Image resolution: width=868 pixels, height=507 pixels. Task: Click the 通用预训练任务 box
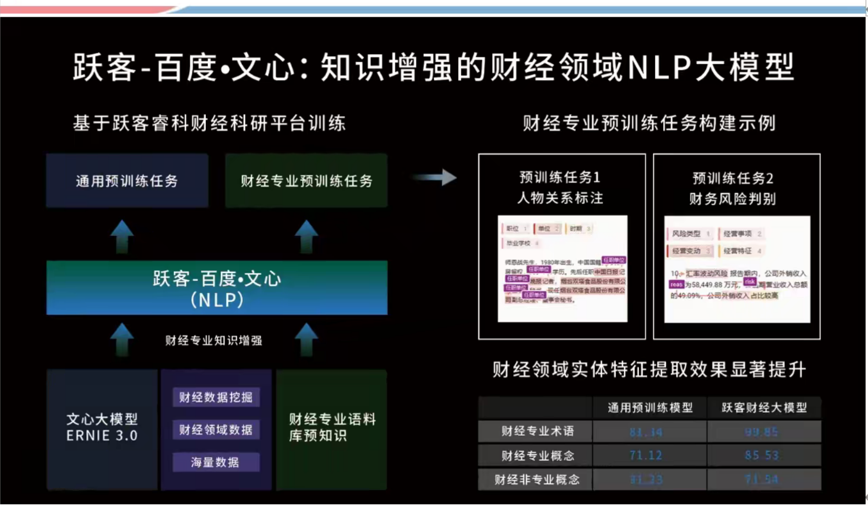(127, 181)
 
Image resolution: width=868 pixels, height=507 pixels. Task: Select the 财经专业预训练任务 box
(306, 181)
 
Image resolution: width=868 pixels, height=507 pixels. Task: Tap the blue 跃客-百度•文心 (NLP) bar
(217, 288)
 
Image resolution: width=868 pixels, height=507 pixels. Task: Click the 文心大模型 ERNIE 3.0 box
(102, 427)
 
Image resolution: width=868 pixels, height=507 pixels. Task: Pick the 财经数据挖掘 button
(216, 397)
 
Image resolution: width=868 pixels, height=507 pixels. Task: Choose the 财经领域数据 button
(216, 430)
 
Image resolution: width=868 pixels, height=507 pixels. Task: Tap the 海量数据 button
(216, 462)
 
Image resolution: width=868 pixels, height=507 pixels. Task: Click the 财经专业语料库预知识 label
(332, 427)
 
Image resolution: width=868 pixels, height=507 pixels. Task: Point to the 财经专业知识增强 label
(214, 341)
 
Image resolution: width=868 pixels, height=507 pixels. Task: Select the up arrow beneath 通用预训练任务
(122, 236)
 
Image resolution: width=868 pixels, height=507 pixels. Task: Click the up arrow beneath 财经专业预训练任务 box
(306, 236)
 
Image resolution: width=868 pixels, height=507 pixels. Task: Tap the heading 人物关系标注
(560, 198)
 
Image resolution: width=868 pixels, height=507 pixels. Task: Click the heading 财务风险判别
(733, 199)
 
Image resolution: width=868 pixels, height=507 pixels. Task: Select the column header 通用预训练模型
(650, 408)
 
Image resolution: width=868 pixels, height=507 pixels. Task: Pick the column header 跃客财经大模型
(764, 408)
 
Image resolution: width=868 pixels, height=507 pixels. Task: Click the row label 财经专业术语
(537, 431)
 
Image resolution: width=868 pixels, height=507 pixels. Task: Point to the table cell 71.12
(646, 455)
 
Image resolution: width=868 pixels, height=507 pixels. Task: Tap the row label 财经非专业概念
(537, 479)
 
